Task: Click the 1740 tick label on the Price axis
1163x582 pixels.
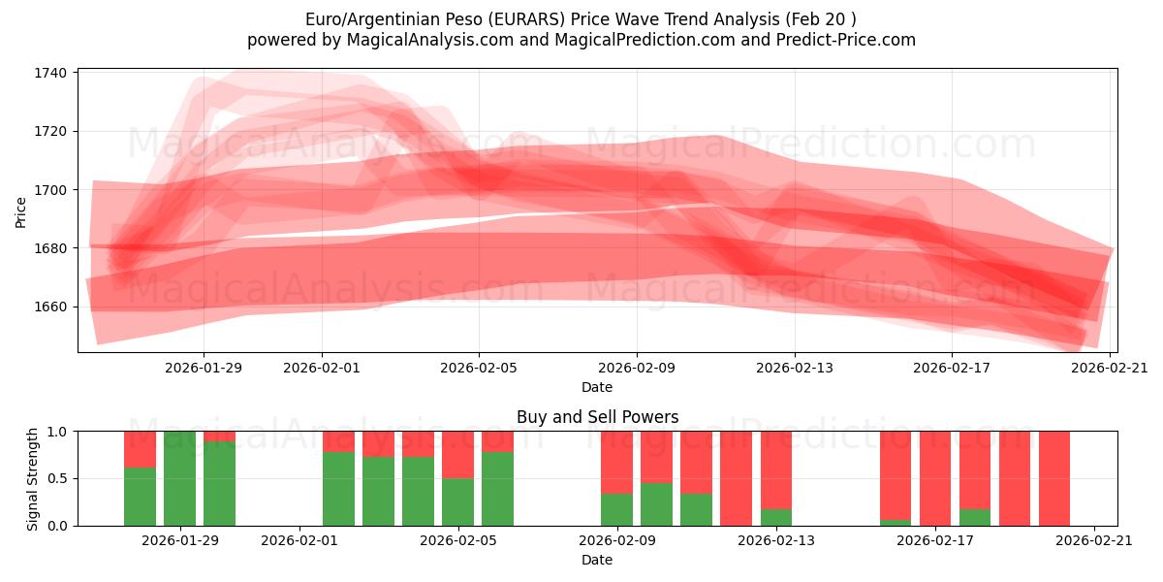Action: [x=50, y=73]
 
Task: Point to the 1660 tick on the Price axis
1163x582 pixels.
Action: [x=50, y=307]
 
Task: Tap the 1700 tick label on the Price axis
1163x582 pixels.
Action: [x=50, y=189]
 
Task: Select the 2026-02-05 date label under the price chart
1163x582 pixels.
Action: [x=479, y=368]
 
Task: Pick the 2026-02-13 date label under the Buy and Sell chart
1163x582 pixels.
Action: [x=776, y=540]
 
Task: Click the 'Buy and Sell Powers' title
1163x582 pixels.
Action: [x=597, y=417]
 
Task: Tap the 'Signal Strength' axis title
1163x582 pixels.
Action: [x=33, y=478]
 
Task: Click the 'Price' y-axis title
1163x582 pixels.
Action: [x=21, y=210]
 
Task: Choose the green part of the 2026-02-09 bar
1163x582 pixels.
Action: [x=616, y=509]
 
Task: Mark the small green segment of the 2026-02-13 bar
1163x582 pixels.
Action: [x=775, y=517]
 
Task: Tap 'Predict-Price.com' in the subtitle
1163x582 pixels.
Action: [x=851, y=40]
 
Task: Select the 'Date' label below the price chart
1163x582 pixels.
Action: [x=597, y=387]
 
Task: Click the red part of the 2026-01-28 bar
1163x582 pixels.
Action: [x=140, y=448]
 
